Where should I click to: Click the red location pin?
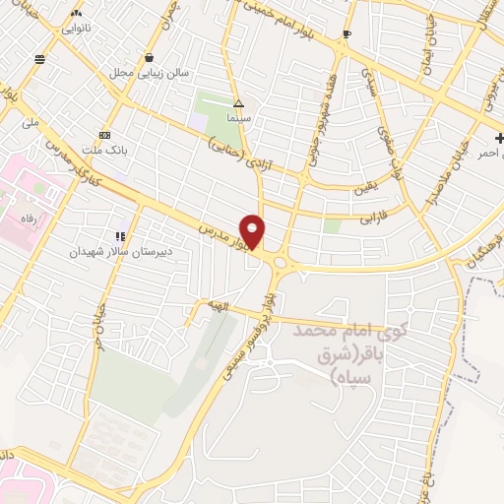click(x=253, y=230)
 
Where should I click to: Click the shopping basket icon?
click(x=149, y=57)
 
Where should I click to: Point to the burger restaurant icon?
click(x=39, y=59)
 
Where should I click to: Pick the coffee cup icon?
click(x=346, y=35)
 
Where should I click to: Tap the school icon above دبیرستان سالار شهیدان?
click(x=120, y=236)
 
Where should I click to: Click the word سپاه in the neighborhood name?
click(x=347, y=377)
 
